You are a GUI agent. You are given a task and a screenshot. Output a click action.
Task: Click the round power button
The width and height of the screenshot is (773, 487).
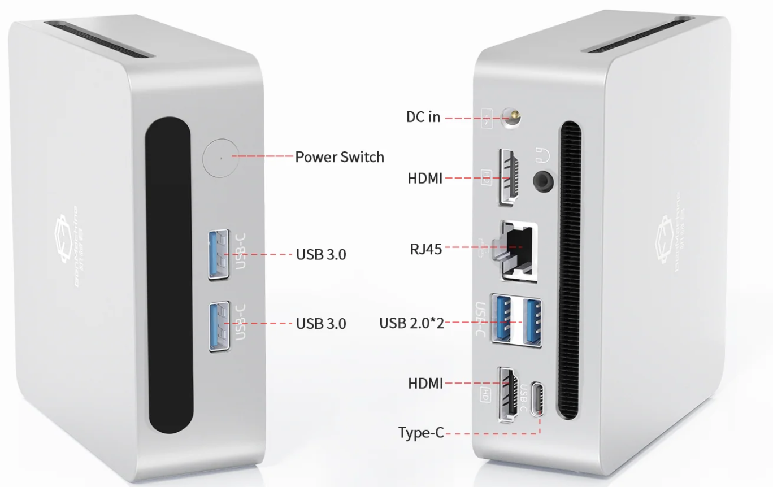220,157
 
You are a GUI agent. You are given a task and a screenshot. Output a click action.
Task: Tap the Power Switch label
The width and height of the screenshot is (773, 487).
340,157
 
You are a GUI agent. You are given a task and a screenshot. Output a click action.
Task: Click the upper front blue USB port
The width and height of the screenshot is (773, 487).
219,254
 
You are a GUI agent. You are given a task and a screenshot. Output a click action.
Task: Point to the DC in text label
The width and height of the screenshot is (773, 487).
423,117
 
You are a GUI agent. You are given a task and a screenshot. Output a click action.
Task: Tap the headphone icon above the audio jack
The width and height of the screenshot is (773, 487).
542,154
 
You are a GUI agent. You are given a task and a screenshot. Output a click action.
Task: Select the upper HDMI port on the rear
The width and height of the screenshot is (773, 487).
510,177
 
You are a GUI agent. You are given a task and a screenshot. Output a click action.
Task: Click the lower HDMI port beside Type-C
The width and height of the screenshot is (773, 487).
509,394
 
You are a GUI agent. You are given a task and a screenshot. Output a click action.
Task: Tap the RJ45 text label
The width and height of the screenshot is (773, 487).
425,248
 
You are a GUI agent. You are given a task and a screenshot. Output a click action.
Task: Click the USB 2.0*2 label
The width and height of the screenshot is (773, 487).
411,323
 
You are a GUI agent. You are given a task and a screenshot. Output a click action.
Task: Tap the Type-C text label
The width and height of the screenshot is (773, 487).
420,433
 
